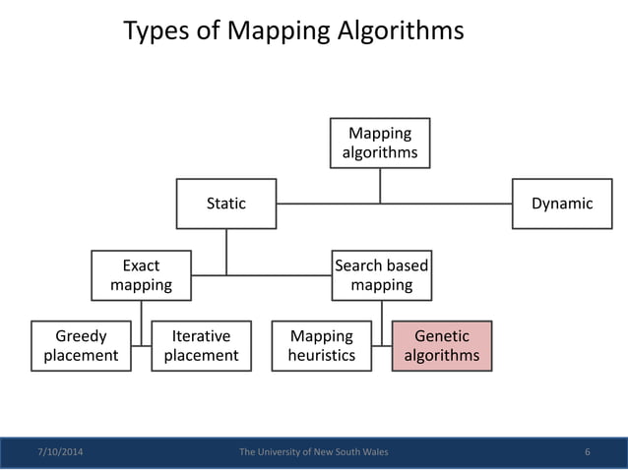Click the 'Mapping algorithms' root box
click(380, 143)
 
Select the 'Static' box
click(226, 204)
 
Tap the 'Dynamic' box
click(562, 204)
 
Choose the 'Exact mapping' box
click(141, 275)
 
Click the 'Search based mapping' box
click(381, 275)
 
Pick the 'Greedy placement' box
click(81, 345)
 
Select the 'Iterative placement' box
click(201, 345)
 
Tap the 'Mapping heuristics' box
click(321, 345)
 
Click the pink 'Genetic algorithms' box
click(442, 345)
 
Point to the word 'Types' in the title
click(155, 31)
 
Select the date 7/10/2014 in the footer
click(60, 452)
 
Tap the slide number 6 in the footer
click(587, 452)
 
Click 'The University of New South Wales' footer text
click(314, 452)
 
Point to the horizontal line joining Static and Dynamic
click(443, 205)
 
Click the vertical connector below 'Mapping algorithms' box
click(380, 185)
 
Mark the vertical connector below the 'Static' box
click(226, 251)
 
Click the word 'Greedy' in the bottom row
click(81, 336)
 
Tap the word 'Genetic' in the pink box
click(442, 336)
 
